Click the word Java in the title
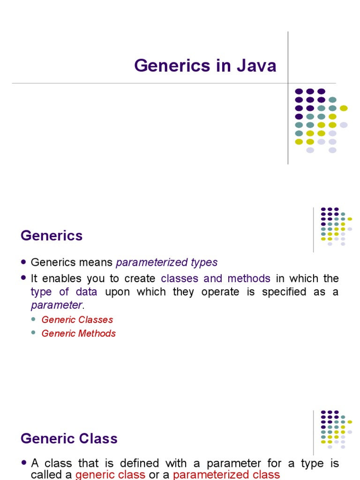256,66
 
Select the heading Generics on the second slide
52,235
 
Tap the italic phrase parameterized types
166,262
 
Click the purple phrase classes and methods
216,278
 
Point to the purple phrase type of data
64,292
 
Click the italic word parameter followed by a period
56,305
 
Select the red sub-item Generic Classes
77,320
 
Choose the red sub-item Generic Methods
79,334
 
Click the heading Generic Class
69,439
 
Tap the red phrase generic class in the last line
110,474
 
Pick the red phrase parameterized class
226,474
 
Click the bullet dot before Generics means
24,263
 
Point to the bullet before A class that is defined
24,464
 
